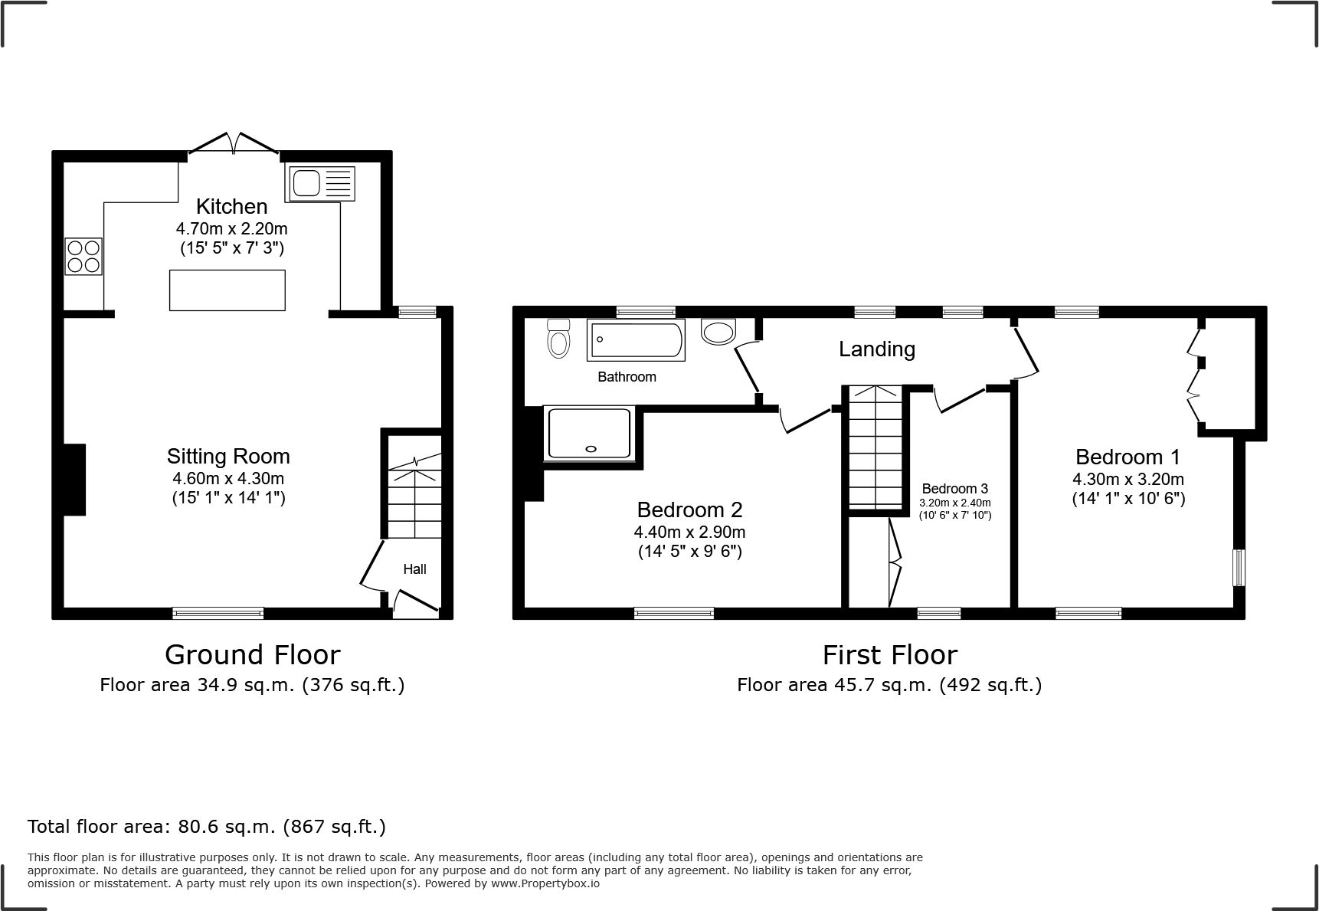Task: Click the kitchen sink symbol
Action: (x=320, y=184)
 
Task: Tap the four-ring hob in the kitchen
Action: (x=83, y=257)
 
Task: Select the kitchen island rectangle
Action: (x=227, y=290)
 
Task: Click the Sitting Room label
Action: (x=228, y=457)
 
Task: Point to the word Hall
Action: (x=415, y=569)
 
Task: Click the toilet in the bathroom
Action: (x=559, y=339)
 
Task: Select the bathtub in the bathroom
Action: (x=636, y=340)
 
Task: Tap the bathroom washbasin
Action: (x=718, y=332)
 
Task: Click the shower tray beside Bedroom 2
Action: (x=588, y=434)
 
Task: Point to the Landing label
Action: (x=877, y=349)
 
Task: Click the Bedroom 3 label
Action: (x=954, y=489)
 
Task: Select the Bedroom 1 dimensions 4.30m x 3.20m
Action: (x=1128, y=480)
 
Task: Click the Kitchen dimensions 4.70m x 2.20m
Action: (x=231, y=228)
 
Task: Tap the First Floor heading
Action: (x=889, y=655)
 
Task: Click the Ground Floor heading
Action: (x=252, y=655)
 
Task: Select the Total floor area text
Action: (x=207, y=827)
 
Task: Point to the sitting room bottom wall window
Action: (x=218, y=613)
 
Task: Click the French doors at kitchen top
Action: (x=234, y=144)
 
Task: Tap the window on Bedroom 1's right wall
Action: (x=1238, y=567)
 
